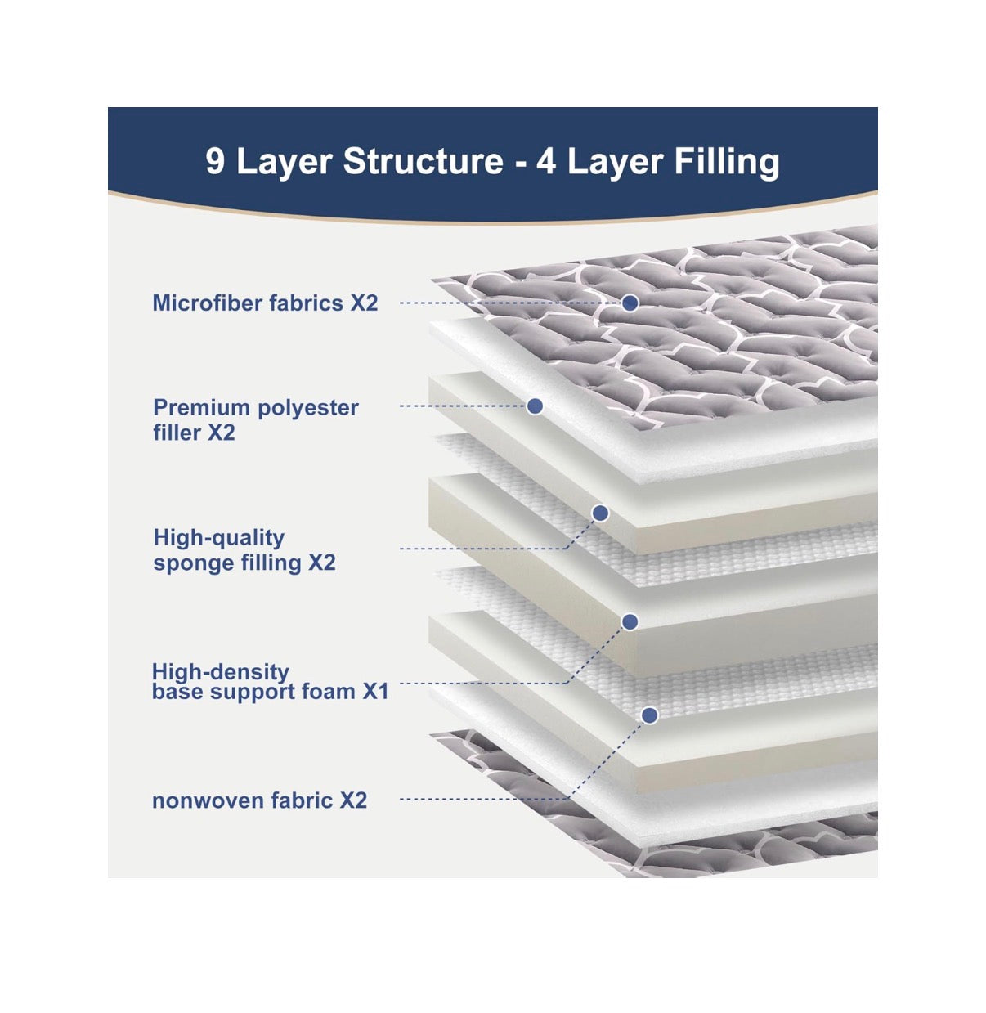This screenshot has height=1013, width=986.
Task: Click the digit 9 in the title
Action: tap(215, 160)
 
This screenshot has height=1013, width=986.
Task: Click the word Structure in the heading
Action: tap(423, 160)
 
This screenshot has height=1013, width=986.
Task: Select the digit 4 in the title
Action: tap(546, 161)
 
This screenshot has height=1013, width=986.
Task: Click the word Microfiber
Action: tap(208, 303)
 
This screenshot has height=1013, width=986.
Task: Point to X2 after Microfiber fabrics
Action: tap(363, 303)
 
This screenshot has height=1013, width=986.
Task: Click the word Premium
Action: tap(201, 408)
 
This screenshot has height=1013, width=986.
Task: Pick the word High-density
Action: tap(220, 672)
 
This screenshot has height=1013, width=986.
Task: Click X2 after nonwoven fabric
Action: tap(353, 800)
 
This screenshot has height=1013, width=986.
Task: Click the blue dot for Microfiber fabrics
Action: tap(630, 303)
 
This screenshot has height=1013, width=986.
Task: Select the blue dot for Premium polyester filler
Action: tap(535, 406)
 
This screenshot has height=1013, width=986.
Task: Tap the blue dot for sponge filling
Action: tap(600, 513)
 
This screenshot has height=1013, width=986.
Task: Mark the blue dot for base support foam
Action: tap(630, 621)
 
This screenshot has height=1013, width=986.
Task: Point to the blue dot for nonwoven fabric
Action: tap(649, 715)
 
